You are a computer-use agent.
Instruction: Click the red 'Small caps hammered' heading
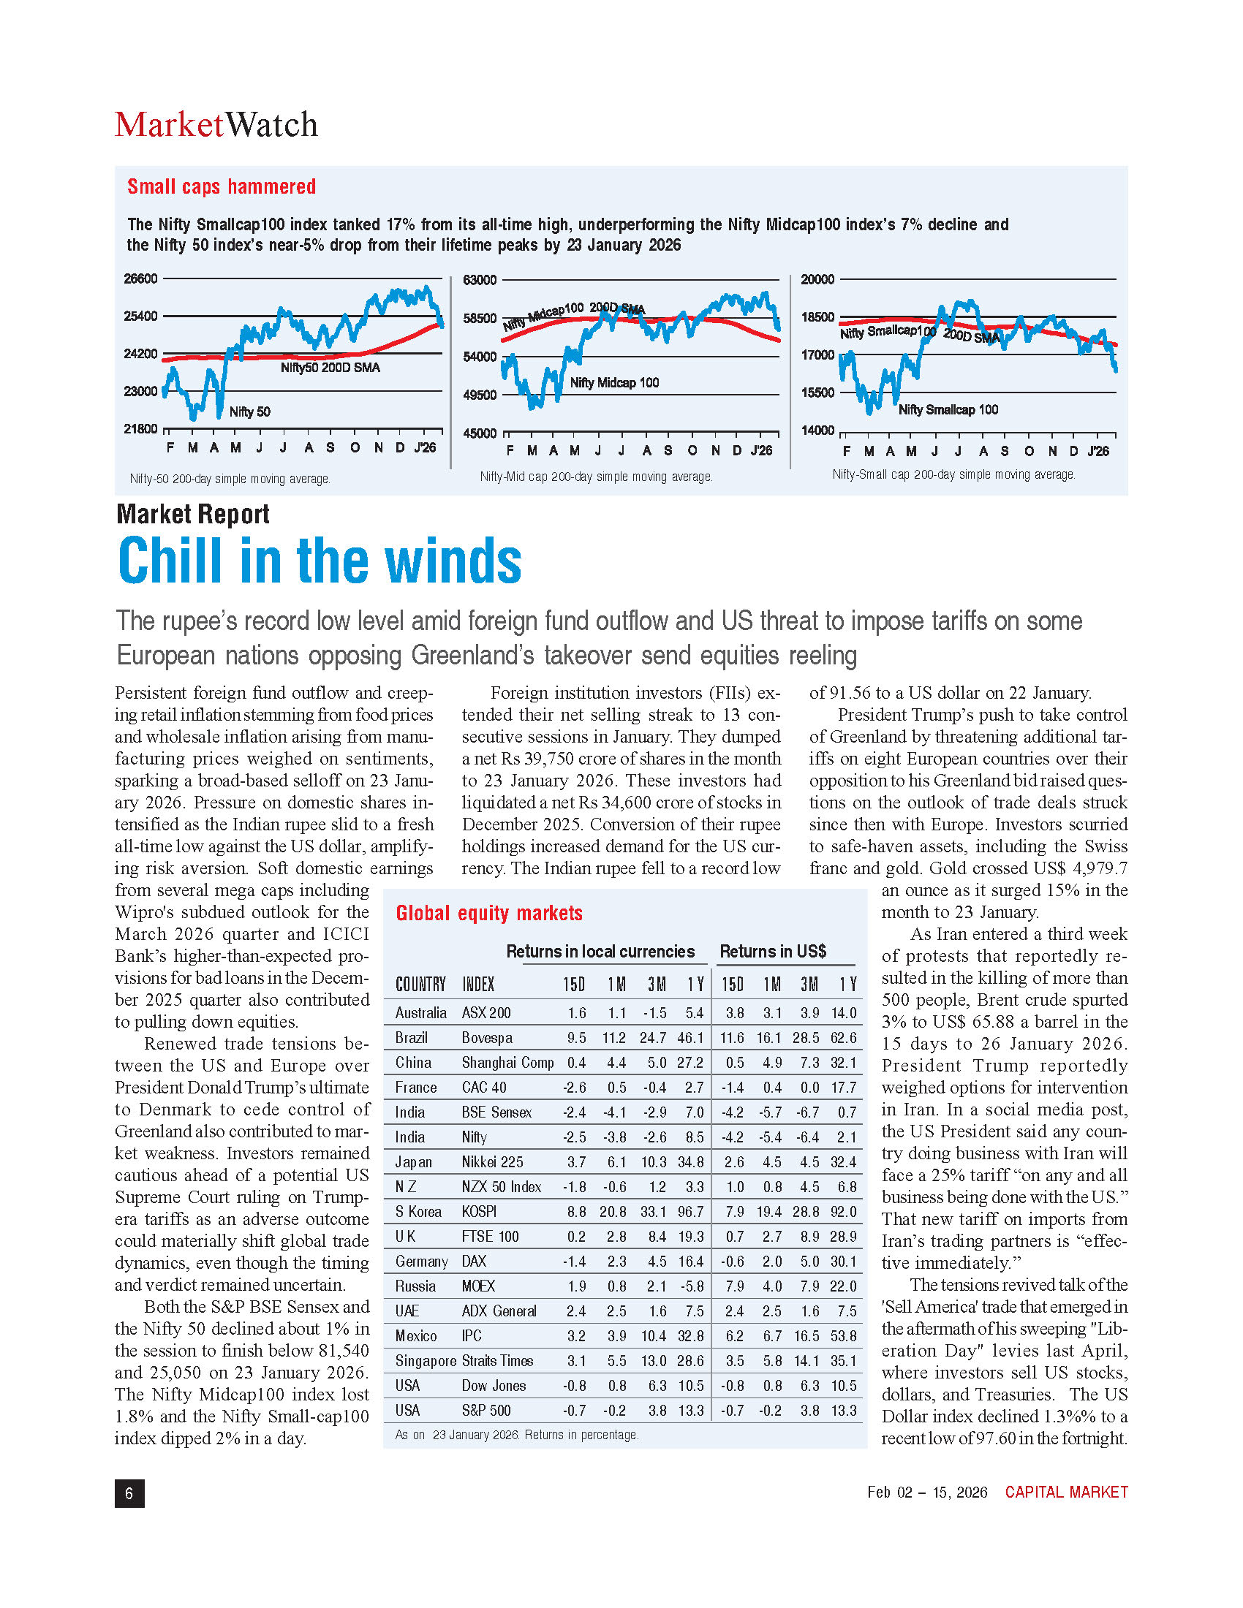(x=221, y=187)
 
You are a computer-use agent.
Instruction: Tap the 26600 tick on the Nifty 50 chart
(x=140, y=279)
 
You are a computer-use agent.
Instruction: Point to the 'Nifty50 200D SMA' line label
(x=330, y=368)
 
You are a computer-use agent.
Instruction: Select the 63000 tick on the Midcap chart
(x=480, y=280)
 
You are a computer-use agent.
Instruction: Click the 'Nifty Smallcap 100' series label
(x=948, y=410)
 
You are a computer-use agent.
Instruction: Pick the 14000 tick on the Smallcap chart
(x=817, y=431)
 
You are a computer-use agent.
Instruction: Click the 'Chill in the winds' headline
(x=320, y=561)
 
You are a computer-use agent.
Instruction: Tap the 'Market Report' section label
(x=193, y=514)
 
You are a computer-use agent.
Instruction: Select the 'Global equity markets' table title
(x=489, y=914)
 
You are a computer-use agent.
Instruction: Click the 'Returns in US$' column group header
(x=772, y=951)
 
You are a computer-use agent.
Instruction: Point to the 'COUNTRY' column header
(x=420, y=985)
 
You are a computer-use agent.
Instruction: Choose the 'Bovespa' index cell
(x=487, y=1037)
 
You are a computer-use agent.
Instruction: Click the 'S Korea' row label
(x=418, y=1212)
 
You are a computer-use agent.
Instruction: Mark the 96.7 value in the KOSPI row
(x=690, y=1212)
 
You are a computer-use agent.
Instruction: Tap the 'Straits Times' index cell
(x=497, y=1361)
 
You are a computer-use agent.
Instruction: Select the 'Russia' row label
(x=415, y=1286)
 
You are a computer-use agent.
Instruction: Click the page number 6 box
(x=129, y=1493)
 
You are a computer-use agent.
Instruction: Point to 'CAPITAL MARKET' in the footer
(x=1066, y=1493)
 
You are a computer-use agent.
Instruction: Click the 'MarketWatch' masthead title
(x=216, y=125)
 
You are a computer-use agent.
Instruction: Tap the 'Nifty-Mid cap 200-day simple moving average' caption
(x=596, y=477)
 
